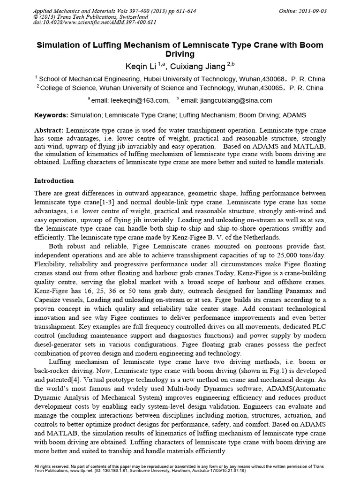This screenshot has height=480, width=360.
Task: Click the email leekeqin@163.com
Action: coord(140,100)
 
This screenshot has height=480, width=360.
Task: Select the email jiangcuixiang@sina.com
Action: coord(233,100)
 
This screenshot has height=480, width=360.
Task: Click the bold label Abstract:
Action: coord(50,130)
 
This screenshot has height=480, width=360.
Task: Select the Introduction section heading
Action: coord(54,180)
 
